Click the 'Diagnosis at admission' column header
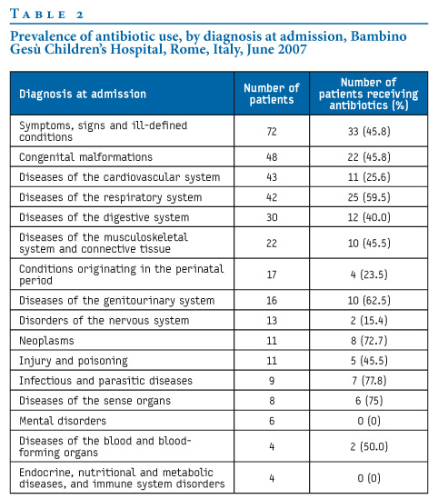point(83,94)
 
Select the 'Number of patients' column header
point(272,94)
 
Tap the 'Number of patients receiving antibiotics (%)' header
point(369,94)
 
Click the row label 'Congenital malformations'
point(85,157)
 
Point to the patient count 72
point(272,131)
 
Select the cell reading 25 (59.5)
point(369,197)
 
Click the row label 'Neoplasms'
point(46,341)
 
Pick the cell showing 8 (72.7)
point(369,341)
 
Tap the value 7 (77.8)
point(369,380)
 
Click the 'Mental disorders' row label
point(63,421)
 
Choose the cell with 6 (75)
point(369,400)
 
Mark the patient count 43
point(272,177)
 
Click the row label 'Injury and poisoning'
point(74,361)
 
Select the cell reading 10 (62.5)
point(369,300)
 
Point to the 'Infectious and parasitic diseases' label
point(105,381)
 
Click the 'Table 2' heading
point(46,15)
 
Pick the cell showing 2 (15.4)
point(369,320)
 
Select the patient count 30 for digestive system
point(272,217)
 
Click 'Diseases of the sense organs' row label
point(95,401)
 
